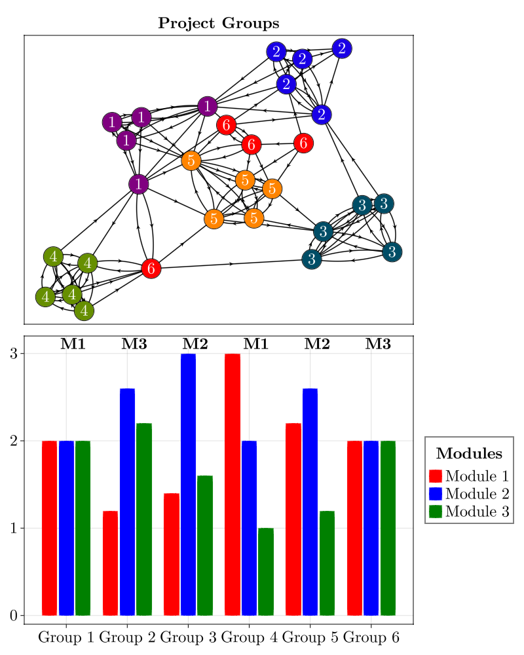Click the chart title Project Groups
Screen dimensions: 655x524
tap(219, 24)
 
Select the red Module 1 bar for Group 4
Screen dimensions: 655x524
tap(233, 485)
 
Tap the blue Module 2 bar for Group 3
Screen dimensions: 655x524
tap(189, 485)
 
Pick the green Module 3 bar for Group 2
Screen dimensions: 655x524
tap(144, 519)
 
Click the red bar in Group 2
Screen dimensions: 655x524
tap(110, 563)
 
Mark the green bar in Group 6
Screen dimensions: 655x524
tap(388, 528)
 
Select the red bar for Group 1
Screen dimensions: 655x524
tap(49, 528)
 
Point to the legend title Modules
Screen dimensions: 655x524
tap(469, 453)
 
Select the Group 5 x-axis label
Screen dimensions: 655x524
tap(310, 637)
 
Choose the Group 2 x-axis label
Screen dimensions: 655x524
tap(128, 637)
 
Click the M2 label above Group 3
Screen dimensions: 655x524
tap(195, 344)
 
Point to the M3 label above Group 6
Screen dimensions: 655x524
tap(378, 344)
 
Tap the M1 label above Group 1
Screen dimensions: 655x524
tap(73, 344)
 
